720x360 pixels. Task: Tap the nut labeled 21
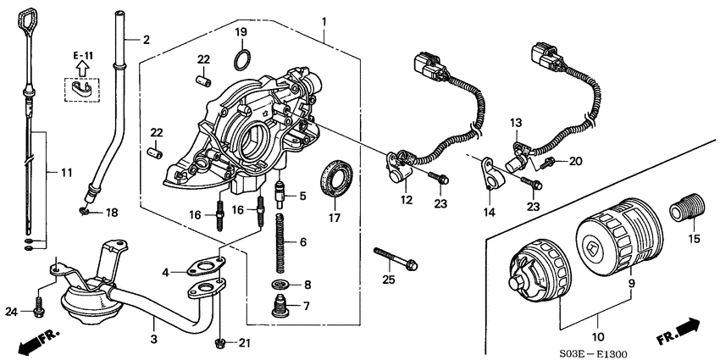[x=219, y=342]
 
